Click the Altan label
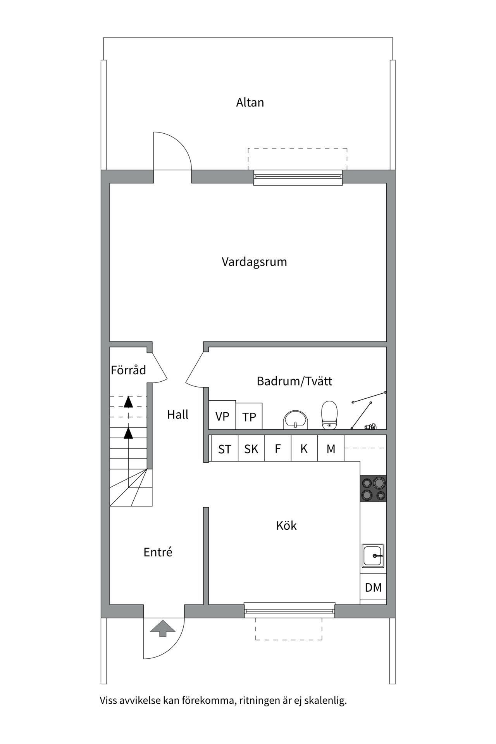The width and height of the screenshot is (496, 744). [250, 102]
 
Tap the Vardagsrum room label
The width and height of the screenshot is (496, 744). [254, 262]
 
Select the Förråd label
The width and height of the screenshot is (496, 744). [128, 370]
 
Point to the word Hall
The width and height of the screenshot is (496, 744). [177, 415]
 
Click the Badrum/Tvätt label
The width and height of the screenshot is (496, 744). [294, 381]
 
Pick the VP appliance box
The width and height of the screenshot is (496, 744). [222, 415]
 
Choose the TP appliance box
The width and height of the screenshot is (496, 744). [249, 417]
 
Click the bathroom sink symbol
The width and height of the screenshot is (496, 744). [296, 420]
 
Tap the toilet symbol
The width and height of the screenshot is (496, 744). [329, 415]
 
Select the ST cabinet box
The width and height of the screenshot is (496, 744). [225, 449]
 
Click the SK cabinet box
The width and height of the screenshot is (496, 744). [251, 449]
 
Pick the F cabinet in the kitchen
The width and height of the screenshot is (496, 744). [278, 449]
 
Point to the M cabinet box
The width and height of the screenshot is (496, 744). [331, 449]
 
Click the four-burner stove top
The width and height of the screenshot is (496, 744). [373, 489]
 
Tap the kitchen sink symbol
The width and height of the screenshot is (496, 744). [373, 556]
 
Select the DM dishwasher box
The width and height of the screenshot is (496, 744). [373, 587]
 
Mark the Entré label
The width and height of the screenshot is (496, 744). [158, 552]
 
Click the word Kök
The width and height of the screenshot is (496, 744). [286, 526]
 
